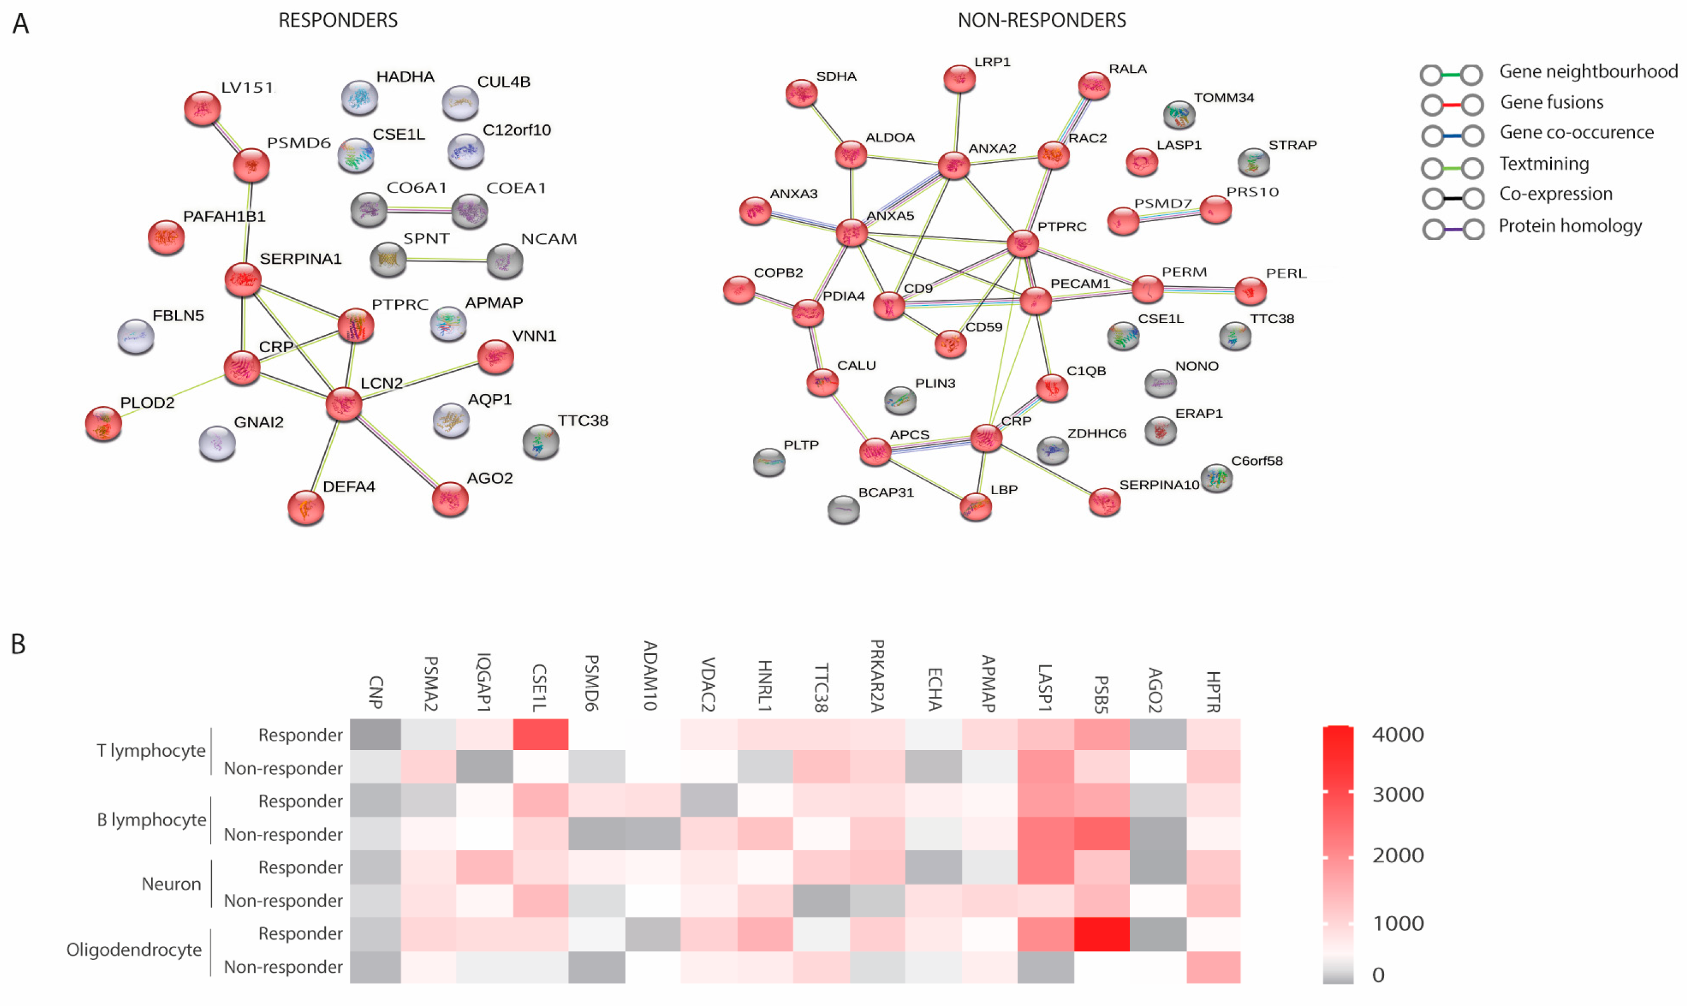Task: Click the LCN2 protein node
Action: [x=344, y=405]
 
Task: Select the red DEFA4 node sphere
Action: [x=306, y=508]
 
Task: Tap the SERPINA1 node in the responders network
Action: [x=243, y=279]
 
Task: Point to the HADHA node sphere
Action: [x=359, y=97]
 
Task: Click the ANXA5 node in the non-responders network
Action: [x=852, y=233]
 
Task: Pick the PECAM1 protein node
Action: [x=1035, y=300]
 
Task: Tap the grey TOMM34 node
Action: [x=1178, y=115]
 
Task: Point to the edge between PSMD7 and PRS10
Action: [x=1169, y=215]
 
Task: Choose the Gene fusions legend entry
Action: [x=1551, y=103]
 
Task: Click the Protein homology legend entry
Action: [x=1569, y=226]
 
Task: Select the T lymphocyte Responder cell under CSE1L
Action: [x=540, y=735]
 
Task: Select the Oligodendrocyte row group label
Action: [x=134, y=950]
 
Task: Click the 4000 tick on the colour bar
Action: [x=1397, y=735]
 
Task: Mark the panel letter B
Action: [x=18, y=644]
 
